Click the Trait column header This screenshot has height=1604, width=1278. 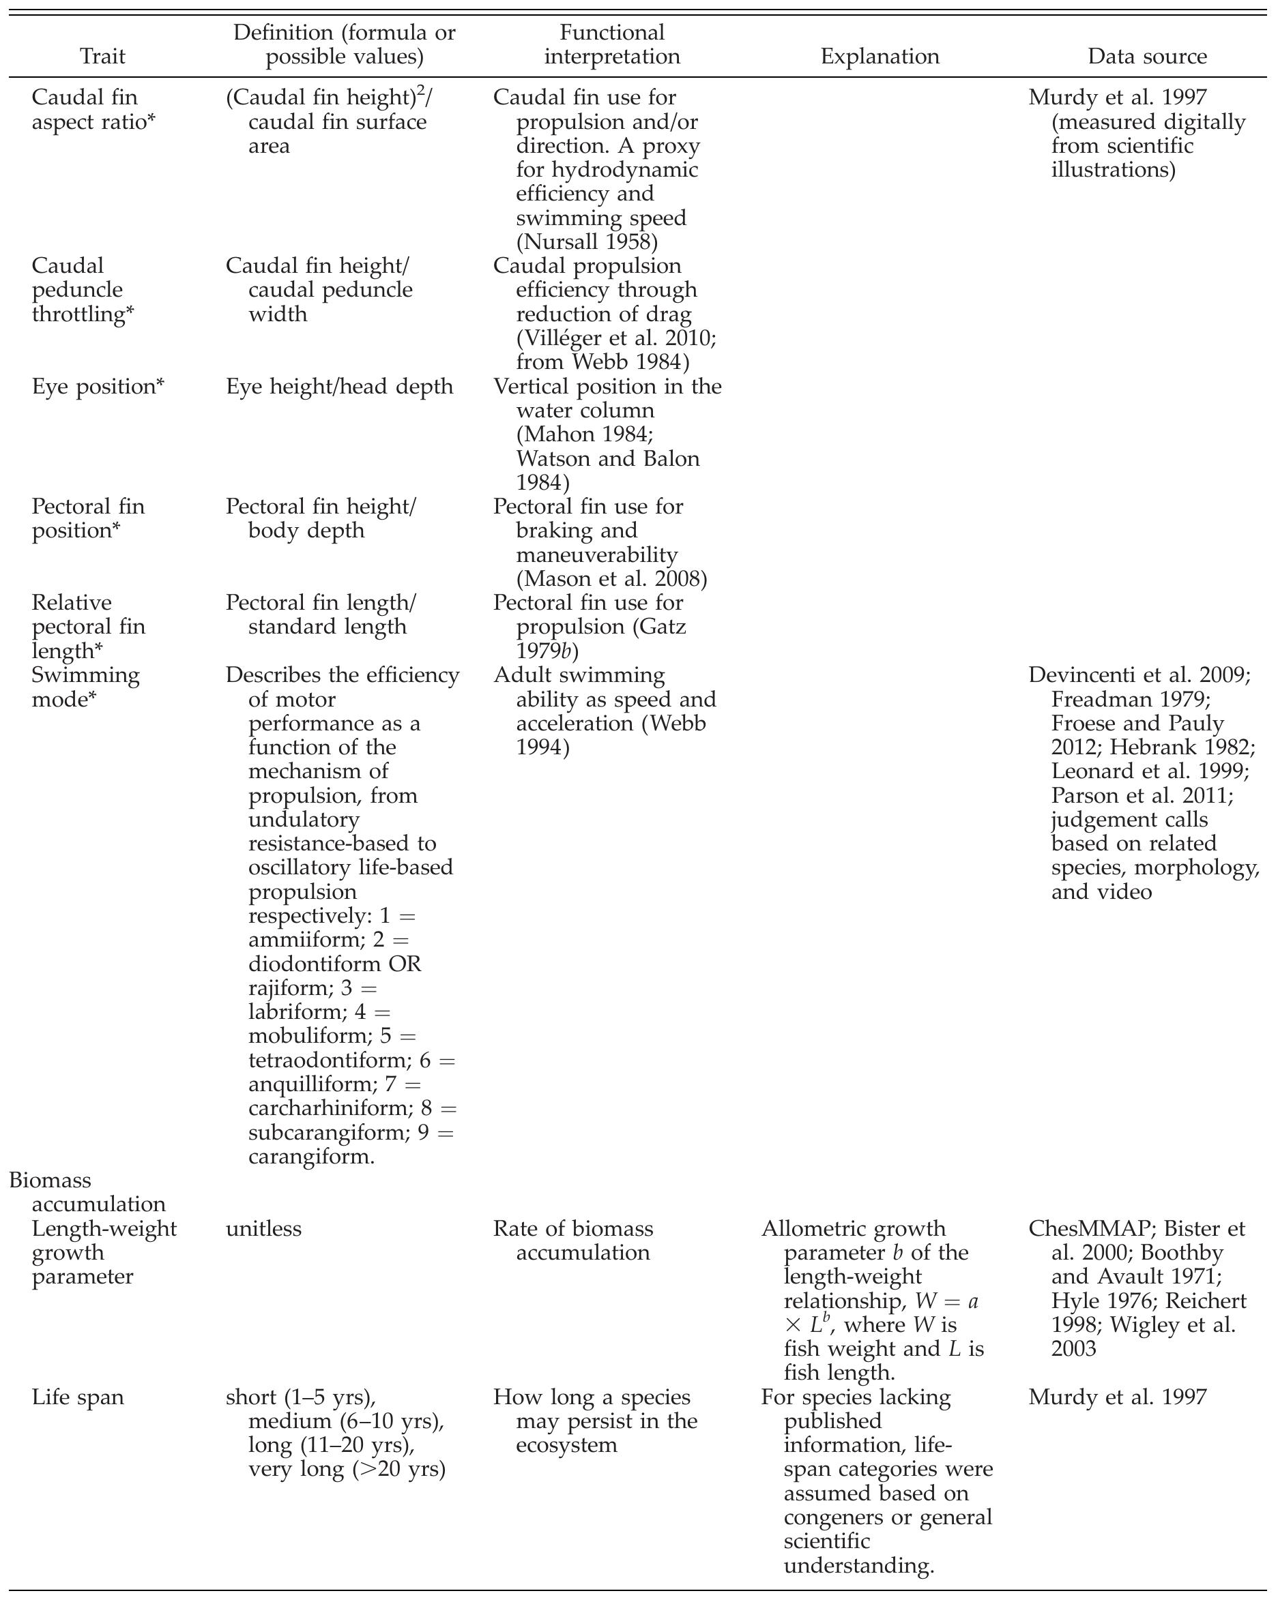(103, 57)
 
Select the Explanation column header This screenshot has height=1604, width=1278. (879, 57)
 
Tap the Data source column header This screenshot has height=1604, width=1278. (1147, 57)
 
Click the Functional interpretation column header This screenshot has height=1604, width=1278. (612, 44)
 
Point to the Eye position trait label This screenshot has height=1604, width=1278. (98, 386)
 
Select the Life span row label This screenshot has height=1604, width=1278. (77, 1397)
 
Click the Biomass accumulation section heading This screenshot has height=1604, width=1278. (87, 1192)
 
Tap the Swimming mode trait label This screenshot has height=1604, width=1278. (85, 687)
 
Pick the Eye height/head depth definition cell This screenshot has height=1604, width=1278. (339, 386)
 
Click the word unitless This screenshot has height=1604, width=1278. (263, 1228)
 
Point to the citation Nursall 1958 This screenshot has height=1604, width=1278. (587, 242)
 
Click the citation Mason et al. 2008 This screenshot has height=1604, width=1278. (612, 578)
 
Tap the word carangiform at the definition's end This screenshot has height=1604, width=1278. (311, 1156)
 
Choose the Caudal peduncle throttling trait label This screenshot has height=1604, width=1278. (83, 289)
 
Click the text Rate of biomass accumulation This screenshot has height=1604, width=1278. (573, 1241)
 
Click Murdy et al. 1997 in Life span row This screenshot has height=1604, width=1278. (1116, 1397)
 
